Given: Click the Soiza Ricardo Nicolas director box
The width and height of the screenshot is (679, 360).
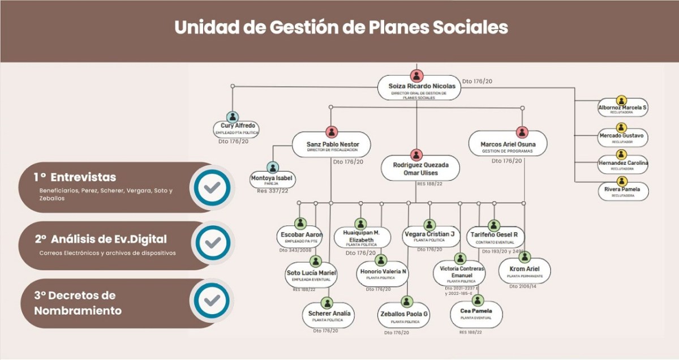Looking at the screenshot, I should (x=417, y=90).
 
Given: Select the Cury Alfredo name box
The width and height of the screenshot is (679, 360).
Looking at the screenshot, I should (x=237, y=128).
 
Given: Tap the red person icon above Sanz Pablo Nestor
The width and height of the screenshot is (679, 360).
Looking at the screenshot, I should (x=332, y=131).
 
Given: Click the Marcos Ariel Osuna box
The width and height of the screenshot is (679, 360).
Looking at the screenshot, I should (x=508, y=145).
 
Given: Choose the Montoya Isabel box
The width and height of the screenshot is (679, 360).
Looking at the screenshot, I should (x=273, y=180).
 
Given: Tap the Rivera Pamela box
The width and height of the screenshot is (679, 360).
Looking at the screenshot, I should (x=622, y=192).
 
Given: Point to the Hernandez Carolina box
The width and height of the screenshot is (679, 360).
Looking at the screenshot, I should (x=622, y=165).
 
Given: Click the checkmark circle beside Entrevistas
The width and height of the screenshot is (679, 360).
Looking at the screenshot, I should (x=212, y=187).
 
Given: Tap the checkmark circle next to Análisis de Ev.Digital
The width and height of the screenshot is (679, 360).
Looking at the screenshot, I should (x=212, y=243).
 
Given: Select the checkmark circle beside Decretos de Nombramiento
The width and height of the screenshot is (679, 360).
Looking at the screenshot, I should (x=212, y=300).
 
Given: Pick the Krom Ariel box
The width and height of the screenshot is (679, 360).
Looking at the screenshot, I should (x=525, y=271).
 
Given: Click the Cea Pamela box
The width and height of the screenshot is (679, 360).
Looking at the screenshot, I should (x=476, y=313).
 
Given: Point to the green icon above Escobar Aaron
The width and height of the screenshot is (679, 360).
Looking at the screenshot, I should (x=300, y=222).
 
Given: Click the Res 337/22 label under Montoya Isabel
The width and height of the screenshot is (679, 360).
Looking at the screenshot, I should (x=273, y=191).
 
